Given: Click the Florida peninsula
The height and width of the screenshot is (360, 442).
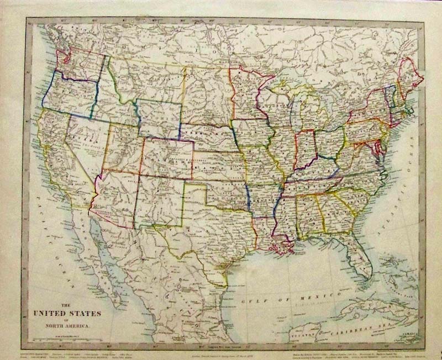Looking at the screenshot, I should click(x=359, y=260).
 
